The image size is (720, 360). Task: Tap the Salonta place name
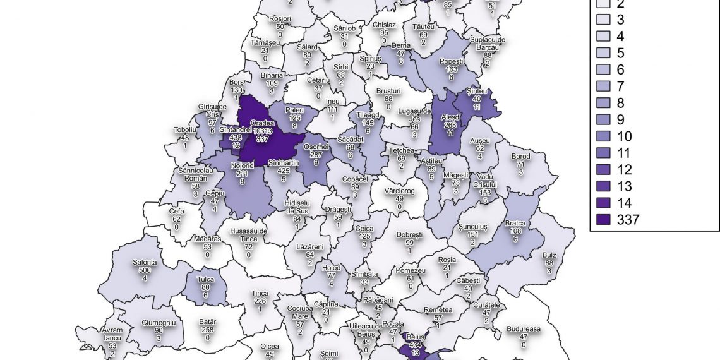point(145,263)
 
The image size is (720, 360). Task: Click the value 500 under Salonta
point(145,270)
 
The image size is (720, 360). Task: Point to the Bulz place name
point(549,255)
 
